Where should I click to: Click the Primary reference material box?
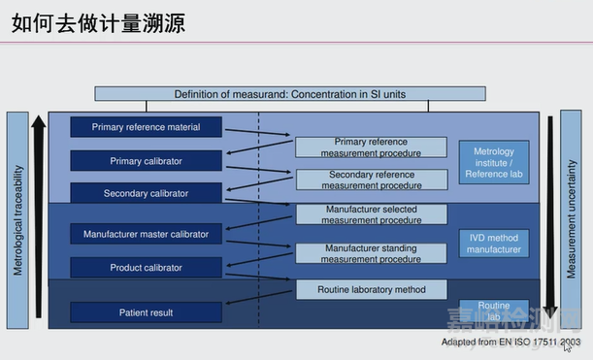coord(146,127)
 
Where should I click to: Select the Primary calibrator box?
coord(146,160)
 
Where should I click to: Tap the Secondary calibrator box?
coord(146,193)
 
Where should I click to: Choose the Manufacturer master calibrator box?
coord(146,234)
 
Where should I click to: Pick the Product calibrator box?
coord(146,267)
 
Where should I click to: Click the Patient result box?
coord(146,312)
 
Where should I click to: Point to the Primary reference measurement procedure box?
coord(372,147)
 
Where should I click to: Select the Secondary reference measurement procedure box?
coord(372,180)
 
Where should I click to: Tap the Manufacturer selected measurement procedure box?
coord(372,214)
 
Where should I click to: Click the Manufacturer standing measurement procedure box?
coord(372,253)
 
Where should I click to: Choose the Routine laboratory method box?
coord(372,289)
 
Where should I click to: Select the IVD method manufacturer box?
coord(493,243)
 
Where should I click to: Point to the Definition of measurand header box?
coord(289,94)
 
